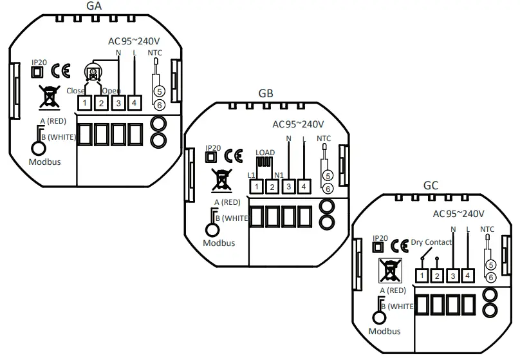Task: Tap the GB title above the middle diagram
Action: (266, 93)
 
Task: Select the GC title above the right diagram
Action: (431, 185)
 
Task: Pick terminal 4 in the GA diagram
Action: (134, 102)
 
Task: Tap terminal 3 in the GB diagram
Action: (288, 187)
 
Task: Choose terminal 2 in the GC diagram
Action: (436, 276)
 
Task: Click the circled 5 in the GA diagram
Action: (160, 91)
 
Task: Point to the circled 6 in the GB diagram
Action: (327, 188)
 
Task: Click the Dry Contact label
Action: (431, 243)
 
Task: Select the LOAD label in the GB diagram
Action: (265, 153)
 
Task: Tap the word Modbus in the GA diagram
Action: (44, 162)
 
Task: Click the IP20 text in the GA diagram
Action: (39, 62)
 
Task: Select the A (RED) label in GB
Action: (227, 202)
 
